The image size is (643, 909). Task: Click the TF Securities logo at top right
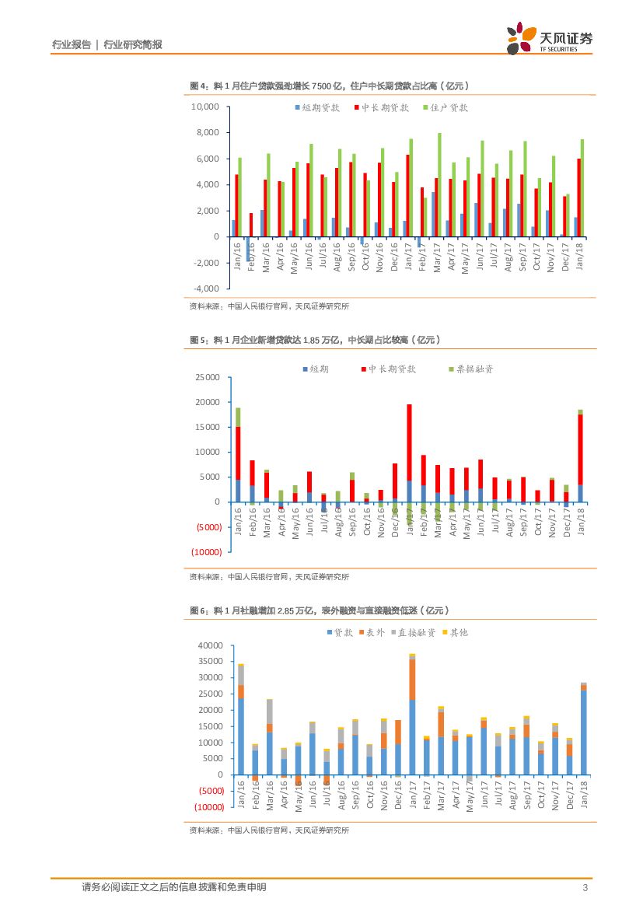[548, 37]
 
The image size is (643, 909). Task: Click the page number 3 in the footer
[584, 887]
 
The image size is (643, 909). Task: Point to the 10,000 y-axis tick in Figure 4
[205, 107]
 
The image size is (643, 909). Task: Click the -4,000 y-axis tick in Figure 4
[205, 288]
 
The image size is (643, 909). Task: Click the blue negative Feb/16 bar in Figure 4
[248, 249]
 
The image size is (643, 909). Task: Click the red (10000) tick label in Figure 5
[207, 552]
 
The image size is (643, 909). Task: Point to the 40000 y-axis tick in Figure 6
[211, 645]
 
